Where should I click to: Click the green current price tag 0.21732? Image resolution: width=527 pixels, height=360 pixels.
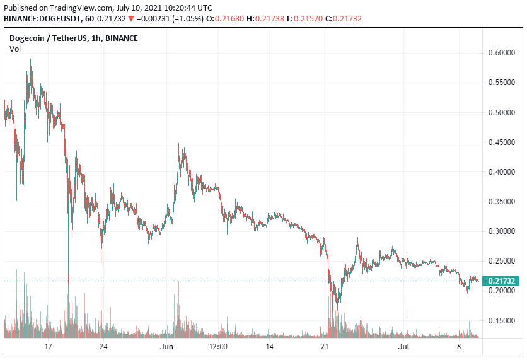click(x=501, y=281)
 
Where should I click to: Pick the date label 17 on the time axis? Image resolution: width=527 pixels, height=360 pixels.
click(x=48, y=347)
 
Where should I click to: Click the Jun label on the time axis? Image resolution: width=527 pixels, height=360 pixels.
click(x=166, y=347)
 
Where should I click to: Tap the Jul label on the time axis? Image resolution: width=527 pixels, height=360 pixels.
click(x=404, y=347)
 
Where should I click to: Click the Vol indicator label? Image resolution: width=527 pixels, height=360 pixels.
click(x=14, y=49)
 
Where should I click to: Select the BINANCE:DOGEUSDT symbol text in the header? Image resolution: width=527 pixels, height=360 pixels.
click(x=40, y=19)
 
